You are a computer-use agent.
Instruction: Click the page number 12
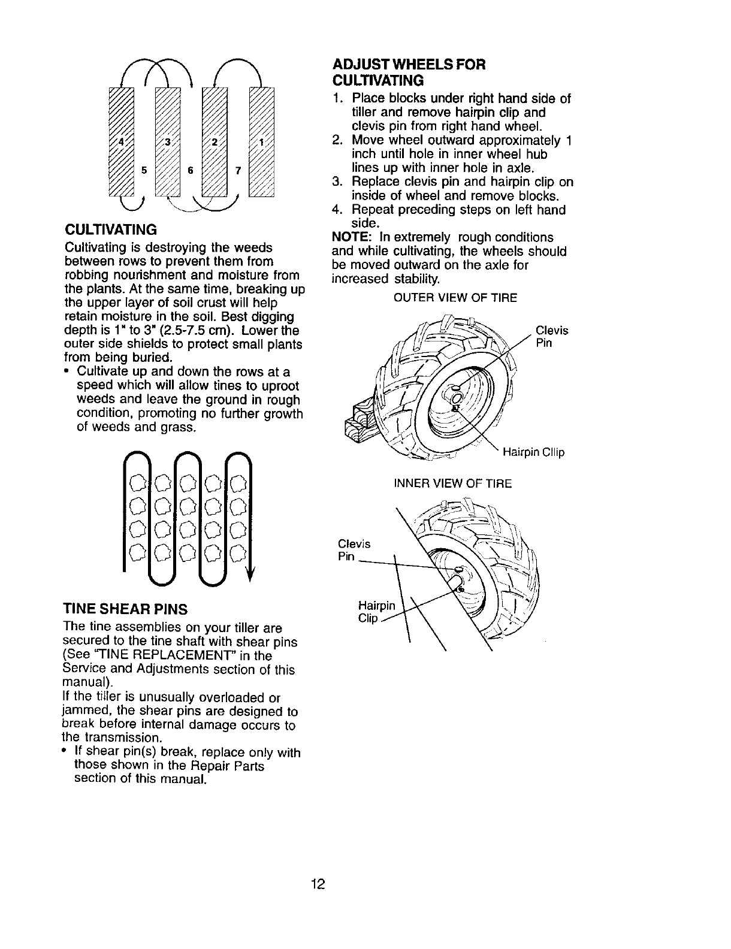point(318,884)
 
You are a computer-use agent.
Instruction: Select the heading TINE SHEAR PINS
point(125,609)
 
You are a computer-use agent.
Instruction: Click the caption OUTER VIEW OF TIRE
point(455,298)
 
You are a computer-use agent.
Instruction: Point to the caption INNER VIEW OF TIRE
point(452,483)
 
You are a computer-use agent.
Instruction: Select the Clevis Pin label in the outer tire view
point(551,337)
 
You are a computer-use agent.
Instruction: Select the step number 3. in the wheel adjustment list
point(337,182)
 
